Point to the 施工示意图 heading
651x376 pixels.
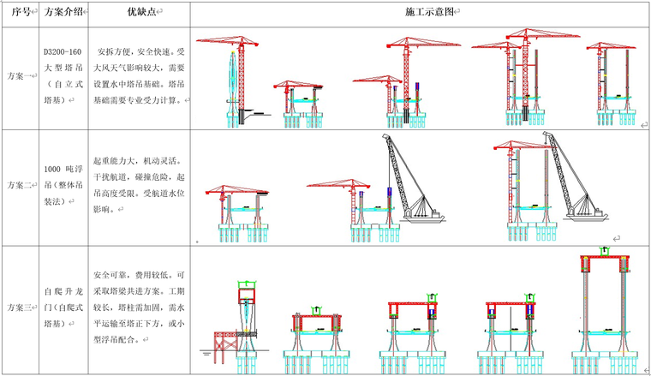[420, 13]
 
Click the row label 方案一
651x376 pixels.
[21, 76]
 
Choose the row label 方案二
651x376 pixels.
[21, 185]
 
